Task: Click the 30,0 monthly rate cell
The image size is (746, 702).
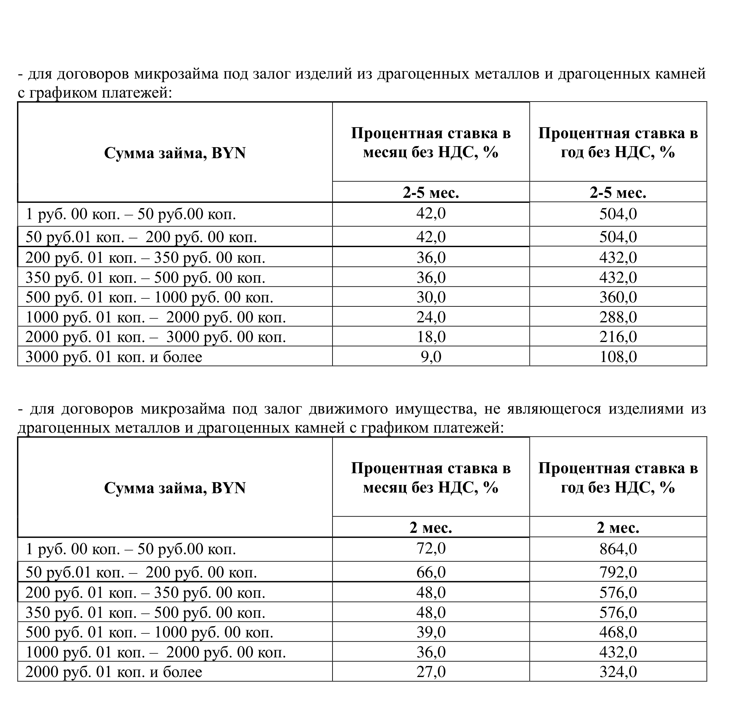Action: (431, 297)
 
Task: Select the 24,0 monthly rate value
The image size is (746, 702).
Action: (431, 317)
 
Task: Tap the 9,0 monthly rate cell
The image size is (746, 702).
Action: (431, 356)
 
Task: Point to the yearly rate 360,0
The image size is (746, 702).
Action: (618, 297)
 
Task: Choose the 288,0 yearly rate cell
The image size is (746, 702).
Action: (618, 317)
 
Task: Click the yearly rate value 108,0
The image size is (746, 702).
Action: (618, 356)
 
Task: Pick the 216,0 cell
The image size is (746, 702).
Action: (618, 337)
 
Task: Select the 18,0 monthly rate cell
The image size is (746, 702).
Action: (431, 337)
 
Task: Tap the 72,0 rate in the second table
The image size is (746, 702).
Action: (431, 548)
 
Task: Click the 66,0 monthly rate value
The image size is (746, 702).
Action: (431, 572)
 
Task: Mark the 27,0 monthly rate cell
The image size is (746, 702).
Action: (431, 672)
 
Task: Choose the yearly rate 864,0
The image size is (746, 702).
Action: (618, 548)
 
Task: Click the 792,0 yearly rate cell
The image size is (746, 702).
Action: (618, 572)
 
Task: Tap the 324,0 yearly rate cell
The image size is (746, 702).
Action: (618, 672)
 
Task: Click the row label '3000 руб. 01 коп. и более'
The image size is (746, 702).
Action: (114, 357)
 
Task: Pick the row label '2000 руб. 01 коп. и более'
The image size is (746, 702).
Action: (114, 672)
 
